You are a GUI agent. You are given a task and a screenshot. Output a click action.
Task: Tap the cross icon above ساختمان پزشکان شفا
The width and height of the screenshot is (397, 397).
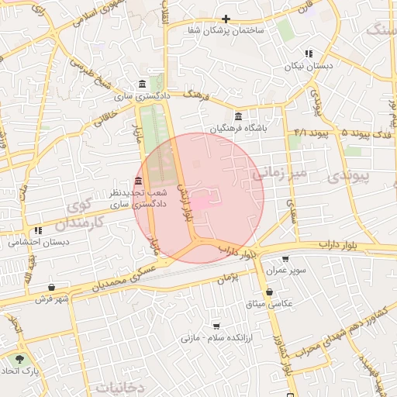tap(226, 19)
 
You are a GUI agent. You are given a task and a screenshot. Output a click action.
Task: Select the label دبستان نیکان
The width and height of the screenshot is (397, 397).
tap(308, 67)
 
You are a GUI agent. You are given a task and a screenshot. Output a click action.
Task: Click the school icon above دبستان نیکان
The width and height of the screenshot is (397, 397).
tap(308, 54)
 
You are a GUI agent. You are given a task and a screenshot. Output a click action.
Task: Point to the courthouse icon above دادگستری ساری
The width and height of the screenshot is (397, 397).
tap(140, 84)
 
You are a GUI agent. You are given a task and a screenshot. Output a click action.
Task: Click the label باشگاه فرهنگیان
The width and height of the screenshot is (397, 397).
tap(237, 129)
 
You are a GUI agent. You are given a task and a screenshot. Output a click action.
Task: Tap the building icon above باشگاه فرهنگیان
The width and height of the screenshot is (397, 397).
tap(237, 117)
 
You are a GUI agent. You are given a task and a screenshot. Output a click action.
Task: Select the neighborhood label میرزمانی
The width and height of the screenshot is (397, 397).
tap(279, 171)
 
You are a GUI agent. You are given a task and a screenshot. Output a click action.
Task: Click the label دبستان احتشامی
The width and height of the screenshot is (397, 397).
tap(38, 242)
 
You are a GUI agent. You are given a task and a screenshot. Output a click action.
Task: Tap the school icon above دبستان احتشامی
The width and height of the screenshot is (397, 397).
tap(38, 230)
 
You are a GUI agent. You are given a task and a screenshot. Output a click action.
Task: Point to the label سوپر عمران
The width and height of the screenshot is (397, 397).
tap(285, 271)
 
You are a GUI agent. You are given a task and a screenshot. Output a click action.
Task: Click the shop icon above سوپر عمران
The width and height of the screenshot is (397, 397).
tap(285, 260)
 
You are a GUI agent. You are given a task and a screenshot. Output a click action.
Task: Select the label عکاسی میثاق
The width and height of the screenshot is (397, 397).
tap(270, 304)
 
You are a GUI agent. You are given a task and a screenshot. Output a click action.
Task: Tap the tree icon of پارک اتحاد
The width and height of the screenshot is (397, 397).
tap(19, 359)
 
